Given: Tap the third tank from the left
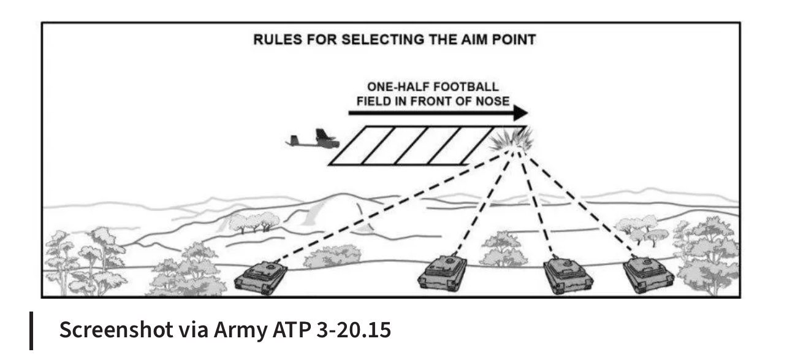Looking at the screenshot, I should (569, 274).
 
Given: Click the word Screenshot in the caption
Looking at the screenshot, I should (115, 331).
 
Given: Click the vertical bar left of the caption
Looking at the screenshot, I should (32, 331).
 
